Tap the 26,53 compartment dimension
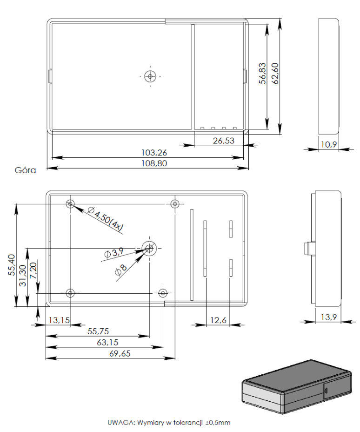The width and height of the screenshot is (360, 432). (224, 141)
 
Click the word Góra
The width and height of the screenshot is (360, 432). (26, 170)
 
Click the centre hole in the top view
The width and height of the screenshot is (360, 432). (150, 75)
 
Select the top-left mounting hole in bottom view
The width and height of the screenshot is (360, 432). (70, 204)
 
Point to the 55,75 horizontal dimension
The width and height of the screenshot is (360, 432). (99, 331)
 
